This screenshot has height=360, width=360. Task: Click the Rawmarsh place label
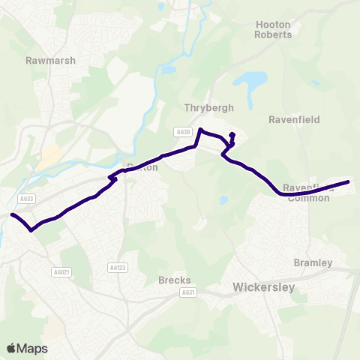[x=50, y=60]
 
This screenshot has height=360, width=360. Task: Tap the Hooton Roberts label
[x=273, y=29]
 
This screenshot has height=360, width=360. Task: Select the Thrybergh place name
[x=205, y=107]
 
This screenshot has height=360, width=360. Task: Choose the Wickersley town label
[x=265, y=286]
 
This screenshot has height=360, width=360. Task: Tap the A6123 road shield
[x=116, y=266]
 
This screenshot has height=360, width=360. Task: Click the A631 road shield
[x=187, y=292]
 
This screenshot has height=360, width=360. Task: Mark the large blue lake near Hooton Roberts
[x=250, y=80]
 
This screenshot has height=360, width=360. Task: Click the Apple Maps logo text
[x=33, y=348]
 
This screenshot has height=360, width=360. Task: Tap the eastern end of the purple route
[x=348, y=181]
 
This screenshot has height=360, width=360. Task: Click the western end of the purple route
[x=12, y=215]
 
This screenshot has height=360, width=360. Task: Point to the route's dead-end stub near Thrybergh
[x=232, y=135]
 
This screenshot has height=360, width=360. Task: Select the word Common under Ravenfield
[x=313, y=198]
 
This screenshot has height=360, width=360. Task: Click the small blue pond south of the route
[x=223, y=200]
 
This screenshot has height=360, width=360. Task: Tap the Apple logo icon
[x=12, y=347]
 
